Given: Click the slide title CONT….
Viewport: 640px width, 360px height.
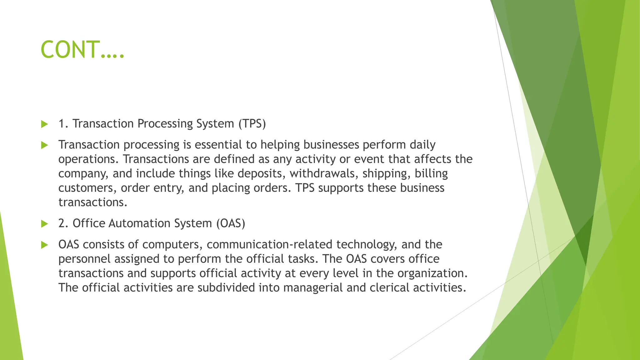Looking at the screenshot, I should (x=82, y=50).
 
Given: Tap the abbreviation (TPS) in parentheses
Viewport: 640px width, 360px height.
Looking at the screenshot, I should (x=252, y=124).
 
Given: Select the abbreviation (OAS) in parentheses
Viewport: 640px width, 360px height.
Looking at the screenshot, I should (x=231, y=223).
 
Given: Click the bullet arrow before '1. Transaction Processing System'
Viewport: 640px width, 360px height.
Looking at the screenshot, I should (x=44, y=124).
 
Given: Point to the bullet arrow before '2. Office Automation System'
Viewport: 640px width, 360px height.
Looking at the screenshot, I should (x=44, y=224).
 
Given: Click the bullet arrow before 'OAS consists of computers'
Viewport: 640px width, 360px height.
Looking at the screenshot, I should (x=44, y=245).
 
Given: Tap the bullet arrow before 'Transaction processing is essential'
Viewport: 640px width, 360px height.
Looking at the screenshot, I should (x=44, y=145).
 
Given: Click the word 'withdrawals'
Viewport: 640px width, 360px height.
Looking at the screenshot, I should (x=324, y=173).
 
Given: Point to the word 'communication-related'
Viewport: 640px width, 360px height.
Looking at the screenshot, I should (x=270, y=244).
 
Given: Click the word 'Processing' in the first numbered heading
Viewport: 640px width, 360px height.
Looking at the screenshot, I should (x=165, y=124).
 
